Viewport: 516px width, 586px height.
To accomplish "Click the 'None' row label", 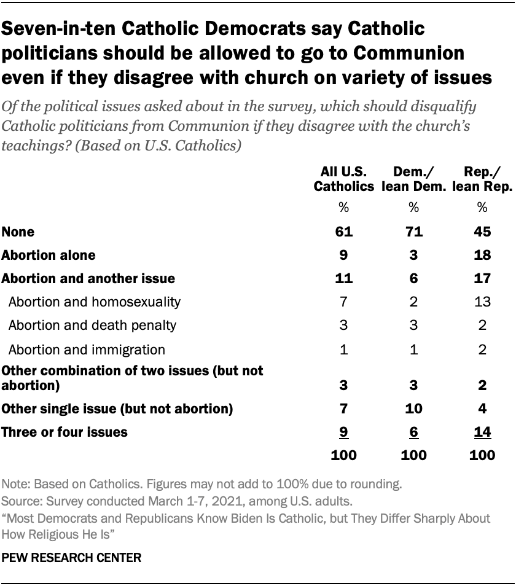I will tap(18, 232).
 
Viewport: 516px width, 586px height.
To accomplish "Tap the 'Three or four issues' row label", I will tap(64, 432).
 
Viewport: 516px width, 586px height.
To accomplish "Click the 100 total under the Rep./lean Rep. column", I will tap(482, 455).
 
